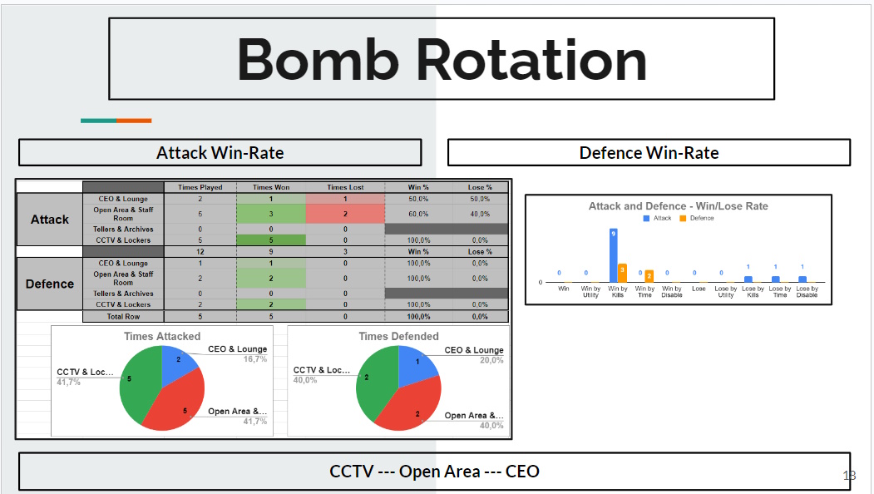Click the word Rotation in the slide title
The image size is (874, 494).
tap(531, 60)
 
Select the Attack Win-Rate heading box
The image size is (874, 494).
tap(220, 153)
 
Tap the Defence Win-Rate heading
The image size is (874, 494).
tap(649, 153)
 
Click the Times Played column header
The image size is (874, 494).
tap(200, 187)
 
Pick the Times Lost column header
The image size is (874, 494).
tap(345, 187)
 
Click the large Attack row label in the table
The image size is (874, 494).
tap(50, 220)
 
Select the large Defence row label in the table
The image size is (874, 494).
tap(50, 284)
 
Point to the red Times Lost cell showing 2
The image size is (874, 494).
tap(345, 214)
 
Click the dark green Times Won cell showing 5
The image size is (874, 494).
tap(271, 240)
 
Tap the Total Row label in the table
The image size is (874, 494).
tap(123, 316)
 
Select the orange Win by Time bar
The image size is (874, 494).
tap(649, 276)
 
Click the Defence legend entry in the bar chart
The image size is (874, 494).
tap(696, 218)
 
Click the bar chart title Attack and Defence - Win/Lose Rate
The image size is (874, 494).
tap(678, 205)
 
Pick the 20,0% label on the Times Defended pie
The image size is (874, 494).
tap(491, 360)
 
